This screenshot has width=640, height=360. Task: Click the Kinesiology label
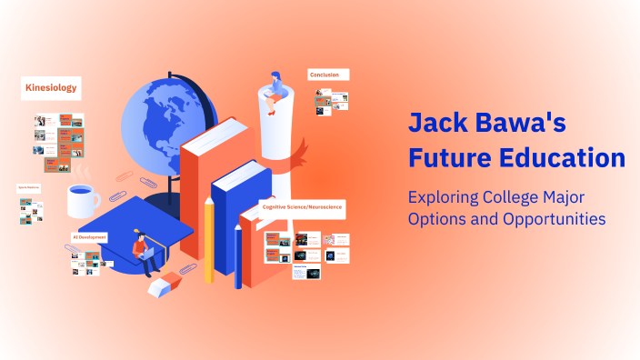(x=50, y=88)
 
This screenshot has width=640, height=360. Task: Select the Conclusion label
(x=327, y=75)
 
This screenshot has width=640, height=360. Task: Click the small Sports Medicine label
(x=29, y=186)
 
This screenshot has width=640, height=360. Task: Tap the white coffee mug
(x=83, y=200)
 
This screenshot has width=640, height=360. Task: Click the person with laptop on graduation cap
(x=142, y=250)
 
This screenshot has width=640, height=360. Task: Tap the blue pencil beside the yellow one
(x=238, y=255)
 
